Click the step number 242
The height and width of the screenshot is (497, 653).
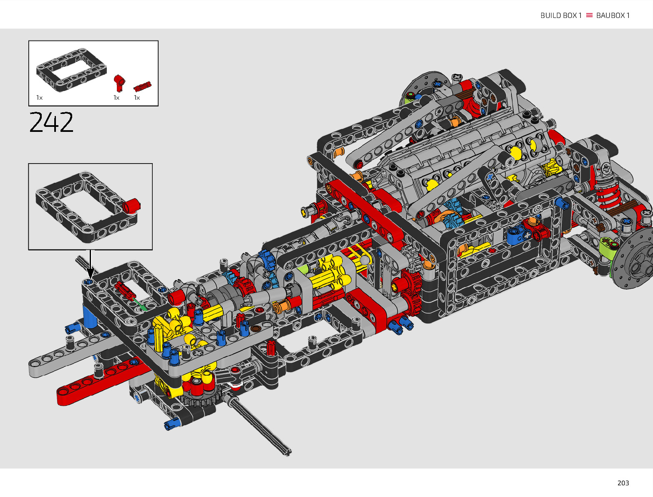coord(51,122)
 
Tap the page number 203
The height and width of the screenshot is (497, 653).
coord(623,483)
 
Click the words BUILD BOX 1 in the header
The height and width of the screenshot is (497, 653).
coord(561,15)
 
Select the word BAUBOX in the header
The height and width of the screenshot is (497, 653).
coord(610,15)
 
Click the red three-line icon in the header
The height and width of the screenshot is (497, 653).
coord(589,15)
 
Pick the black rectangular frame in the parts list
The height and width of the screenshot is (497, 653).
coord(71,70)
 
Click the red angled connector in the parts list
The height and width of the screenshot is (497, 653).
coord(119,83)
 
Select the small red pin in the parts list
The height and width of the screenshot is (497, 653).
coord(142,86)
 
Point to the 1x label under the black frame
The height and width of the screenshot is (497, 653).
coord(39,98)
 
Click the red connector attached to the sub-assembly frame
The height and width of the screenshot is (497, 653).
coord(131,206)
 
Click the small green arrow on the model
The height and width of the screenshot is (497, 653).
coord(140,305)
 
